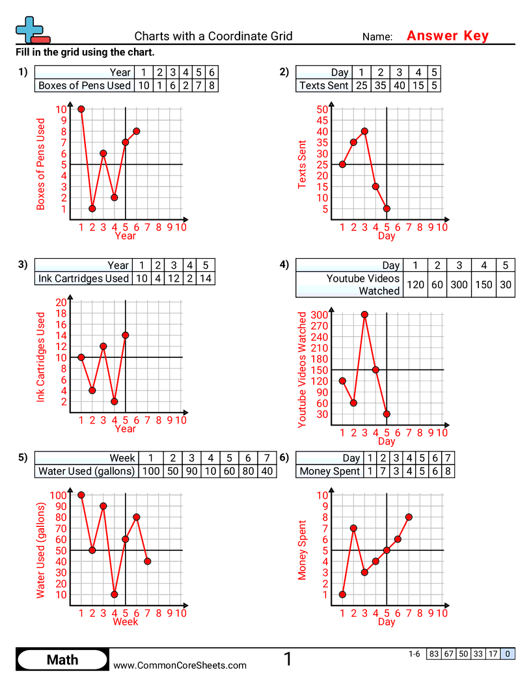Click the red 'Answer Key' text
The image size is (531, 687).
click(447, 36)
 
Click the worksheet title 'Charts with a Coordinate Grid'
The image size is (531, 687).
click(213, 36)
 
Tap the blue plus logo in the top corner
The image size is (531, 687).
click(29, 29)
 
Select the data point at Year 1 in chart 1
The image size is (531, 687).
click(81, 109)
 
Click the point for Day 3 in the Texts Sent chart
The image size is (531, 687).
click(364, 131)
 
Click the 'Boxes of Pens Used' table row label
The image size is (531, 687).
click(85, 85)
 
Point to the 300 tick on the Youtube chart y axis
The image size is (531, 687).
click(319, 315)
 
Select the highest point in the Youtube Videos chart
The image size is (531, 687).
click(364, 314)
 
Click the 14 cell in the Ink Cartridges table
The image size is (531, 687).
click(205, 278)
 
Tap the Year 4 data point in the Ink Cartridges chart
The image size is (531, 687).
click(115, 401)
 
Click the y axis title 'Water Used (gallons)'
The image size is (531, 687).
click(41, 550)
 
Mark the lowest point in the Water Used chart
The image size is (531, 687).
click(115, 594)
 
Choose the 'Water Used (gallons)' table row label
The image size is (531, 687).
click(87, 471)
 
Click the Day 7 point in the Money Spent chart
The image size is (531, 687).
click(409, 517)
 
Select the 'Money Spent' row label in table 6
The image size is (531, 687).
click(329, 471)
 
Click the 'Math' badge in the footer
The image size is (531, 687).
click(62, 660)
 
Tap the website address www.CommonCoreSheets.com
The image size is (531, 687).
click(180, 665)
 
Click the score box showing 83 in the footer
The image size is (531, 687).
click(433, 654)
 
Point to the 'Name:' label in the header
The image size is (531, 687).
click(377, 37)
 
